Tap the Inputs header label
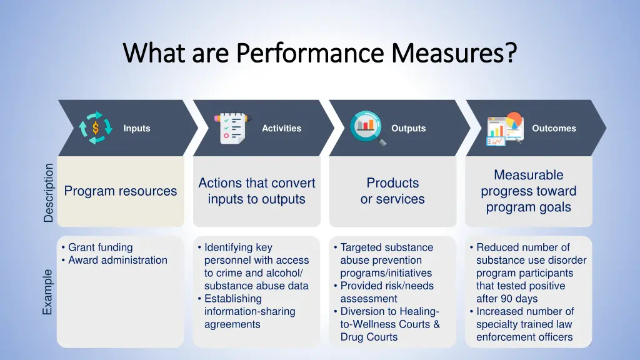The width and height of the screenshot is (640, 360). [136, 128]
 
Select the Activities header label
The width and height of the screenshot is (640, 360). [281, 128]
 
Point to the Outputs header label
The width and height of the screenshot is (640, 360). [408, 128]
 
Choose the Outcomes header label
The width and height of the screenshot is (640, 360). [554, 128]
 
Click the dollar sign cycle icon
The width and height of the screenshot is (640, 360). [96, 128]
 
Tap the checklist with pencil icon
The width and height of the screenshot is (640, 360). [232, 128]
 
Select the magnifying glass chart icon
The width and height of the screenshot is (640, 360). [367, 128]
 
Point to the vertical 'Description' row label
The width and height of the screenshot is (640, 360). [49, 192]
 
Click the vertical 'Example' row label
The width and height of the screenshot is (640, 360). [49, 292]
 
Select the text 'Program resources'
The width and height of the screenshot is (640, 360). [121, 191]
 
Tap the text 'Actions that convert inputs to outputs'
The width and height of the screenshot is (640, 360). [256, 191]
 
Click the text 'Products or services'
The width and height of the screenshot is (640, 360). [392, 191]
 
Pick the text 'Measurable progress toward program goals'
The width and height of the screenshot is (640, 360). [528, 191]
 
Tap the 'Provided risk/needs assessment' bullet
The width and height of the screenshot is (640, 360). [386, 292]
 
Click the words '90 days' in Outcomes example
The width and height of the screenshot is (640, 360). [518, 299]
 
